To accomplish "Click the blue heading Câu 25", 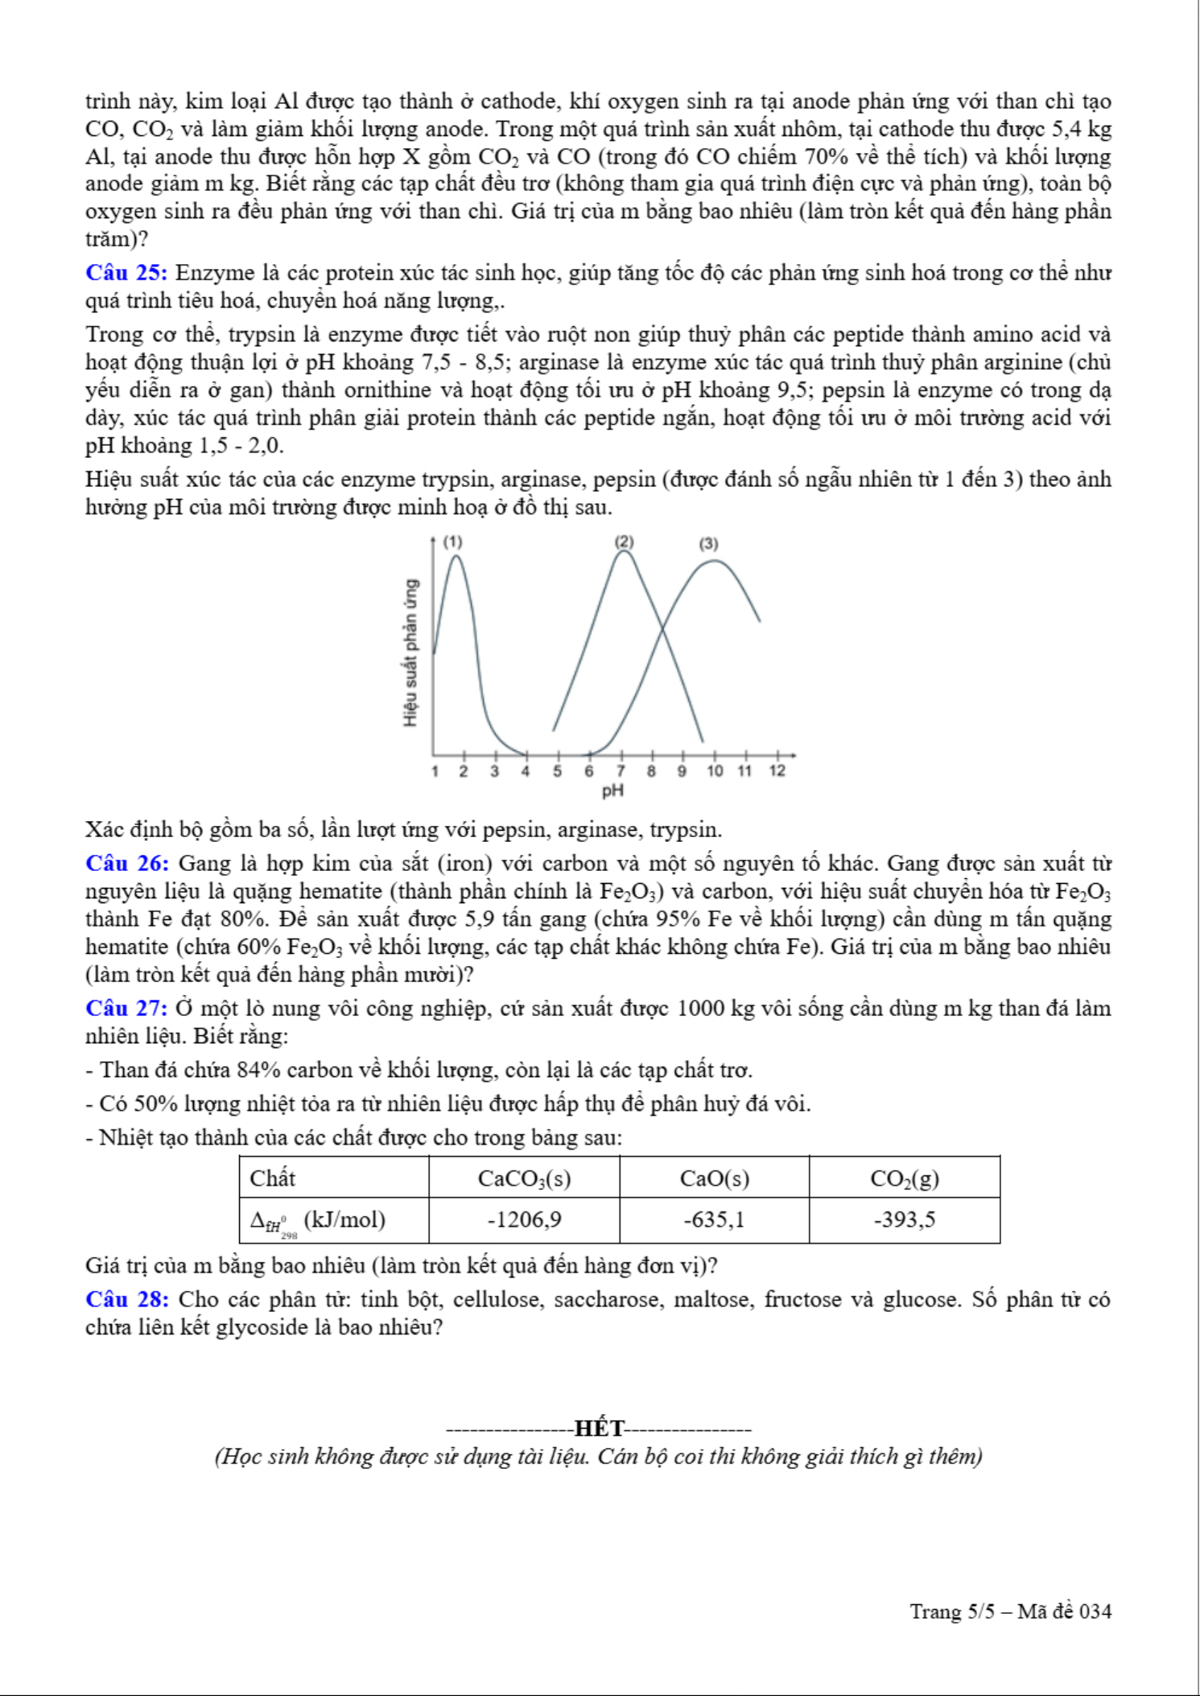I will [126, 274].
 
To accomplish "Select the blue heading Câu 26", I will [127, 864].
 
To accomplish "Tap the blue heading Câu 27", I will [126, 1009].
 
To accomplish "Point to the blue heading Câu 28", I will [127, 1299].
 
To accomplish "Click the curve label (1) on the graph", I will [453, 543].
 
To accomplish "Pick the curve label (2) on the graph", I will [624, 542].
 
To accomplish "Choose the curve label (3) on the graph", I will [708, 544].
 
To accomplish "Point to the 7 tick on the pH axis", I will [621, 770].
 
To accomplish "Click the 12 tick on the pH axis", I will [777, 770].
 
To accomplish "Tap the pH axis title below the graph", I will [613, 790].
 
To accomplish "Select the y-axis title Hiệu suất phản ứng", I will [412, 652].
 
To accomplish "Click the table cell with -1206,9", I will [524, 1219].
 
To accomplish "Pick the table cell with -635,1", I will [714, 1219].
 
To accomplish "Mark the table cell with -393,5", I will [905, 1219].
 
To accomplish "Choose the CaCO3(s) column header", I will [524, 1178].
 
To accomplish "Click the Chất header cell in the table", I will [273, 1178].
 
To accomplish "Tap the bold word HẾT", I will [600, 1429].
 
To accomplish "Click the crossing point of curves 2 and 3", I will [663, 629].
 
